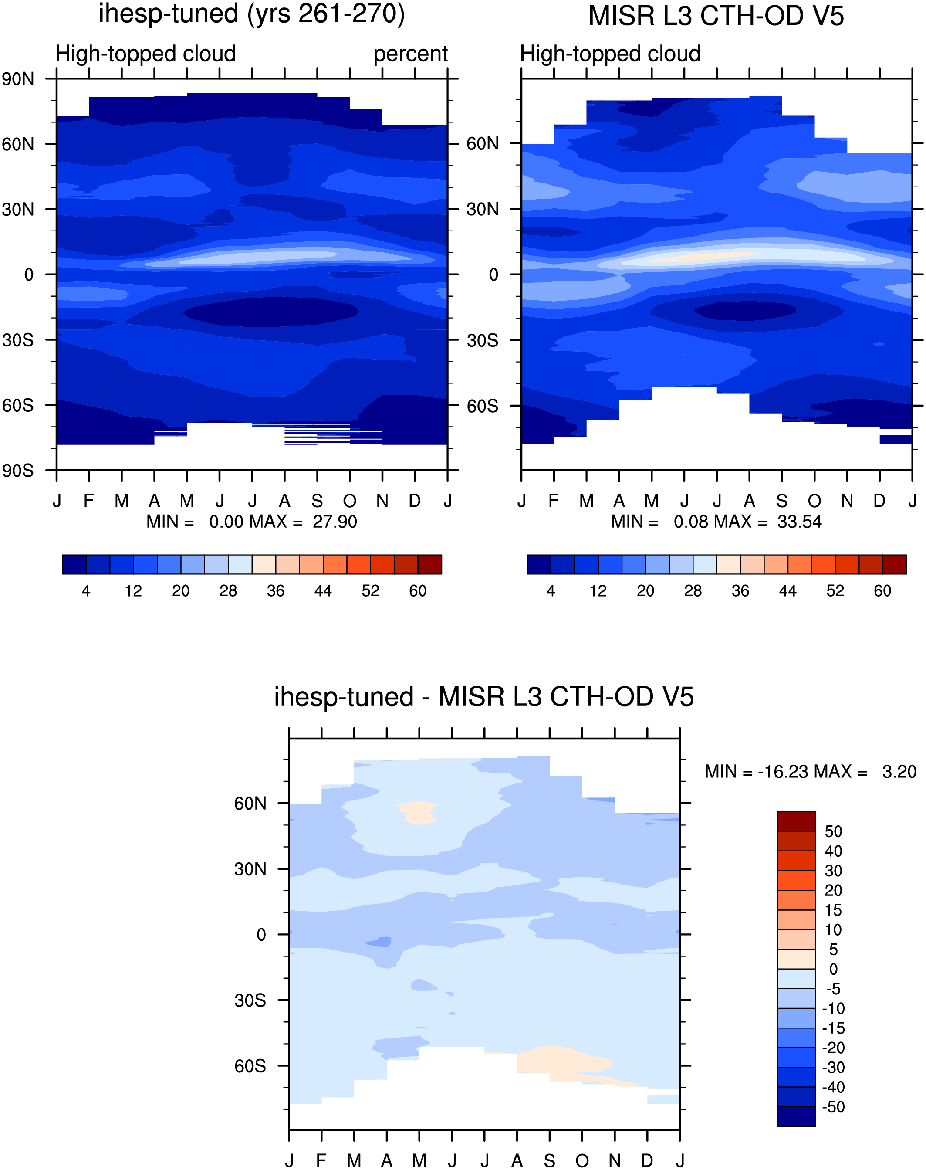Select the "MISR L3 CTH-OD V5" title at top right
[716, 16]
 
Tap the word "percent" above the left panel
[410, 54]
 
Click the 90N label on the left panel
[17, 79]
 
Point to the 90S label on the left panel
[17, 470]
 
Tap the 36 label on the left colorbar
[275, 591]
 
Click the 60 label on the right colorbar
[882, 591]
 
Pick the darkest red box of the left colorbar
[430, 564]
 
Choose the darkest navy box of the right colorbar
[539, 564]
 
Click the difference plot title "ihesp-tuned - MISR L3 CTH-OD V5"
[483, 697]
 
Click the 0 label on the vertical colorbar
[833, 969]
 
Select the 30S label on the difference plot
[250, 1000]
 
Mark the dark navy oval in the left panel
[271, 312]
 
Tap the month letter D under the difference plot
[647, 1161]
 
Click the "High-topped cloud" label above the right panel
[611, 54]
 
